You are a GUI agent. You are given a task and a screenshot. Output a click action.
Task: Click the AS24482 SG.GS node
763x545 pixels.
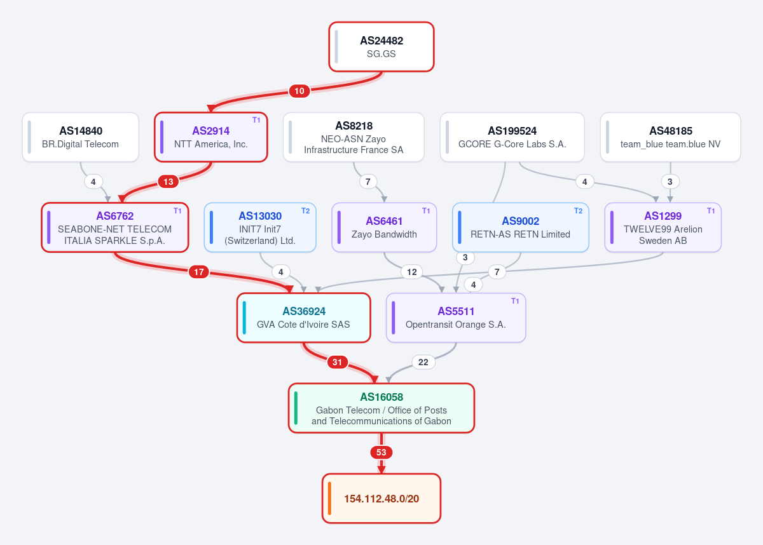tap(381, 47)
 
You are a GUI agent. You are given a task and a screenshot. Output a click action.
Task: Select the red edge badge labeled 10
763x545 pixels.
tap(299, 91)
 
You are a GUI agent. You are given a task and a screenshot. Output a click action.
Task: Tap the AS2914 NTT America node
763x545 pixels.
tap(211, 137)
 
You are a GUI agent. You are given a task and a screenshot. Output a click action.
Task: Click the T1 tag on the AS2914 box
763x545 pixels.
tap(256, 120)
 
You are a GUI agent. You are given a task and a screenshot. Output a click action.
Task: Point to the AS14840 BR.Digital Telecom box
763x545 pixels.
tap(80, 137)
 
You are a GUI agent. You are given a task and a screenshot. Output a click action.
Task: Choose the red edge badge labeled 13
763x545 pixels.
tap(168, 182)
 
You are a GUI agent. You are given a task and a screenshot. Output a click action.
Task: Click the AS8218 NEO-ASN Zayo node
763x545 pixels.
tap(354, 137)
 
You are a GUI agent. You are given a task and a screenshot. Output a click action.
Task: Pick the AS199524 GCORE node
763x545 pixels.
tap(512, 137)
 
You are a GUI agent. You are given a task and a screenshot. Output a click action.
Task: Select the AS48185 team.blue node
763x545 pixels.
tap(670, 137)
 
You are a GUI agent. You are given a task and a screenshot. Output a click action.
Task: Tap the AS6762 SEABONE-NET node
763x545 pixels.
tap(115, 227)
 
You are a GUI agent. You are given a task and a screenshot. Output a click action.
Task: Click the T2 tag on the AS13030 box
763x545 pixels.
tap(305, 211)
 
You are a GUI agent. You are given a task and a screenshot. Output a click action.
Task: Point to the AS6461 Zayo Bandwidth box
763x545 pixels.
tap(384, 227)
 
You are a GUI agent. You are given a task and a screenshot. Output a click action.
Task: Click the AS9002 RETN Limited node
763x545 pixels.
tap(521, 227)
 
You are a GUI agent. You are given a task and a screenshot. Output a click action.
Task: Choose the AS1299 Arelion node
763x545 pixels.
tap(663, 227)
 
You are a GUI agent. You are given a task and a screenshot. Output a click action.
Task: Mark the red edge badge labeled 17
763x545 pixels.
tap(199, 272)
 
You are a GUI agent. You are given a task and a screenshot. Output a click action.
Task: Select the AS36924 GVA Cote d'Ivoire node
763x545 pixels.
tap(303, 318)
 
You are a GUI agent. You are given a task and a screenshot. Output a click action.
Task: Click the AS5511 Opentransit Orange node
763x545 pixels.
tap(456, 318)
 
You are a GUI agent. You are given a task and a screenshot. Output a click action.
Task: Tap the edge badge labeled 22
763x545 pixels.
tap(423, 362)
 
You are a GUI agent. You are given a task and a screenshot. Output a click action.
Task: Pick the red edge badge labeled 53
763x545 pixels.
tap(381, 452)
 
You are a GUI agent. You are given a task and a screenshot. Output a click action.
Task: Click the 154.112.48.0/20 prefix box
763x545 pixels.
tap(381, 499)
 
